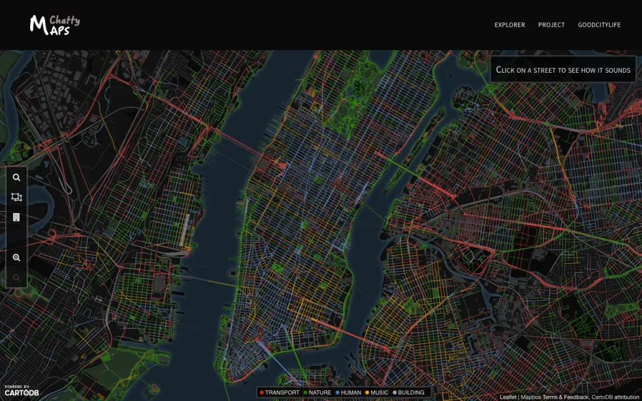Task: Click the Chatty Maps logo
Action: click(x=54, y=24)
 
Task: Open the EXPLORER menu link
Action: click(x=510, y=25)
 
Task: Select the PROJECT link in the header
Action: click(x=551, y=25)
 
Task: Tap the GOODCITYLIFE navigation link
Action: click(x=599, y=25)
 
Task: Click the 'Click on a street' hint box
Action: click(x=562, y=70)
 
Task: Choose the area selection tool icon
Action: click(x=16, y=197)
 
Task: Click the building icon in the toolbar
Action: click(x=16, y=217)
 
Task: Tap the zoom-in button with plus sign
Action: click(x=16, y=258)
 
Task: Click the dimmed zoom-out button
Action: click(x=16, y=277)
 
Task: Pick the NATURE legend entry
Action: click(x=317, y=393)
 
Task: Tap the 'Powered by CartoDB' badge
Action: click(x=21, y=390)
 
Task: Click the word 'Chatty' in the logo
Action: click(x=65, y=20)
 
